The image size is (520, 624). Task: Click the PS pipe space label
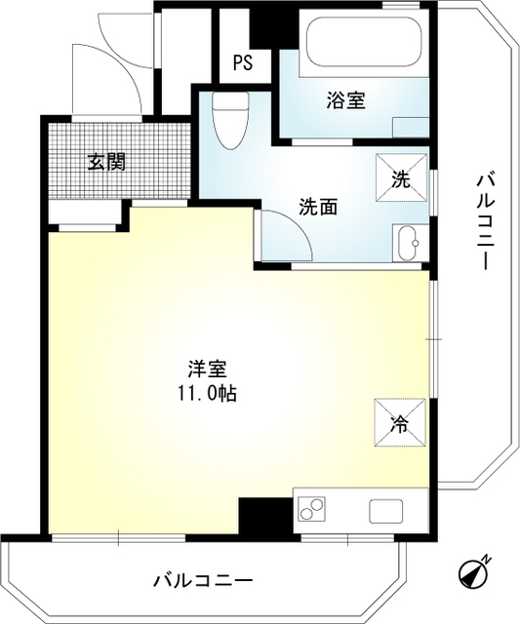[243, 64]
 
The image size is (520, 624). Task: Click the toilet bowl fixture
[230, 118]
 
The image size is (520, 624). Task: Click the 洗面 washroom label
[318, 207]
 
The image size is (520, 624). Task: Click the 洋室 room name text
[208, 370]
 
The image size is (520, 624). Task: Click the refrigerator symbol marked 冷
[400, 421]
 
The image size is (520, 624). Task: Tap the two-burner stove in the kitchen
[312, 508]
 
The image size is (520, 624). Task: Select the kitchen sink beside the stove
[385, 508]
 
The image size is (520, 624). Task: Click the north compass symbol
[474, 572]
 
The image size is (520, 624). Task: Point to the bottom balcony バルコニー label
[203, 581]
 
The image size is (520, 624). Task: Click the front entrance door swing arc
[127, 73]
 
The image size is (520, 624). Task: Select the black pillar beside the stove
[264, 515]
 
